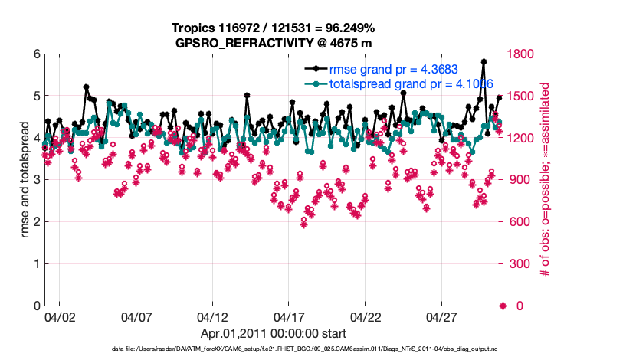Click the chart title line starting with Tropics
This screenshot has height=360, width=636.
coord(274,28)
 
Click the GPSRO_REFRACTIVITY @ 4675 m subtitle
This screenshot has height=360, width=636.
coord(274,41)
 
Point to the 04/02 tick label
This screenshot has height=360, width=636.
coord(60,316)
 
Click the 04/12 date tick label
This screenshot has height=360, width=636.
coord(213,316)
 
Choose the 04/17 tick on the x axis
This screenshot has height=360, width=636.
coord(290,316)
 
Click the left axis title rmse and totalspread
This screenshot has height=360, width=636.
coord(24,181)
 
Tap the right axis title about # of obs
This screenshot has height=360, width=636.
coord(545,181)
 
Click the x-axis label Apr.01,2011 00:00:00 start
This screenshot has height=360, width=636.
coord(274,333)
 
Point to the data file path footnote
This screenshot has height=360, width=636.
coord(273,349)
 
